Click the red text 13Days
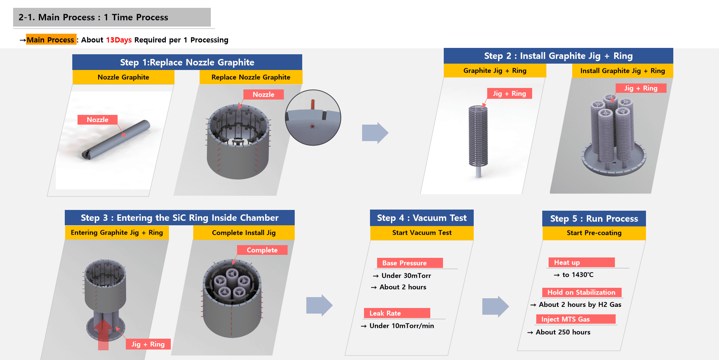pyautogui.click(x=119, y=40)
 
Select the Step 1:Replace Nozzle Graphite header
pyautogui.click(x=187, y=62)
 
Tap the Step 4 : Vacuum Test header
pyautogui.click(x=422, y=218)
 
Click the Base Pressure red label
pyautogui.click(x=410, y=263)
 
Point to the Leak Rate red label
pyautogui.click(x=397, y=313)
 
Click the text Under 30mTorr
pyautogui.click(x=406, y=276)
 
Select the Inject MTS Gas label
pyautogui.click(x=576, y=319)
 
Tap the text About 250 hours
pyautogui.click(x=563, y=332)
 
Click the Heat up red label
pyautogui.click(x=581, y=262)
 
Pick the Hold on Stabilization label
pyautogui.click(x=582, y=292)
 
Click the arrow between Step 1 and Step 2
pyautogui.click(x=375, y=133)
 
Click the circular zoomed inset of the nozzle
pyautogui.click(x=313, y=118)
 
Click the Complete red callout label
pyautogui.click(x=262, y=250)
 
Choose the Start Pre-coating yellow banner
pyautogui.click(x=594, y=233)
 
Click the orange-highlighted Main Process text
pyautogui.click(x=51, y=40)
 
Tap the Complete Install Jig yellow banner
pyautogui.click(x=244, y=233)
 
